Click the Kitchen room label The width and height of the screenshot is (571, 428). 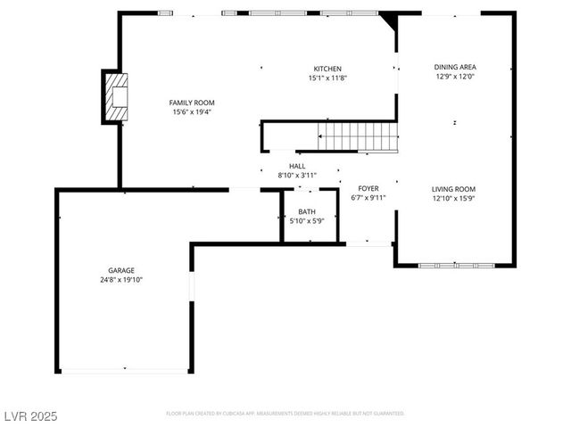click(327, 69)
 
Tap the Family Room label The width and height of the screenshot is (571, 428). click(192, 103)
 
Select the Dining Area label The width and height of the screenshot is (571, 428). click(454, 67)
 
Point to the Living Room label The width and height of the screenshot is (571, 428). click(453, 189)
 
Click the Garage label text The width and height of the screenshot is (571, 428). click(121, 270)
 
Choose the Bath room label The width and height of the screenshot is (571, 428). click(306, 211)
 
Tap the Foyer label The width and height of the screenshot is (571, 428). click(368, 188)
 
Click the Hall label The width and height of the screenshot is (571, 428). click(297, 166)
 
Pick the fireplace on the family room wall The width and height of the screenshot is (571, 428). click(116, 95)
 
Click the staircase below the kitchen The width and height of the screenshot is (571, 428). click(359, 137)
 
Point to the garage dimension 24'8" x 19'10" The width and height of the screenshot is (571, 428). click(121, 280)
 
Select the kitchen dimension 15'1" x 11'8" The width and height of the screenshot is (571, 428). click(327, 78)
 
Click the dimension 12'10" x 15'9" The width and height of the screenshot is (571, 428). click(453, 199)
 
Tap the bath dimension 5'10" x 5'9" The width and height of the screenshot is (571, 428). click(306, 221)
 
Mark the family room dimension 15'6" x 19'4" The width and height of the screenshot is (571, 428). click(192, 112)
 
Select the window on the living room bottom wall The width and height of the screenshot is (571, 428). click(456, 265)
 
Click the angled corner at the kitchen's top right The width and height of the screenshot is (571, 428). click(388, 20)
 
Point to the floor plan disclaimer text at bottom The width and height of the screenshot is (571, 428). click(285, 414)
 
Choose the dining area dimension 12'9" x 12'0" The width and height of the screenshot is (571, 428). click(454, 77)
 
